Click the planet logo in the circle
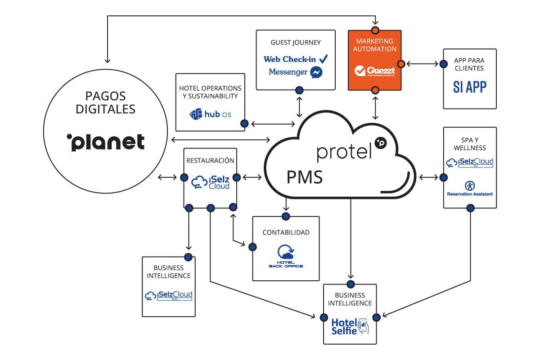click(x=106, y=142)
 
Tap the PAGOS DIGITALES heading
click(x=106, y=102)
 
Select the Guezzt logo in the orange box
click(x=374, y=71)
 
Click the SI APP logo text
click(x=469, y=87)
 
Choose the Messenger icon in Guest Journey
click(x=316, y=72)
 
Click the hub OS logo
click(x=211, y=114)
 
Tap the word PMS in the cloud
click(x=305, y=177)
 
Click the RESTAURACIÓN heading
click(x=211, y=160)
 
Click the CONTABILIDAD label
click(x=286, y=233)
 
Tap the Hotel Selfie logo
click(x=350, y=326)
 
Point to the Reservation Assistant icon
click(x=469, y=185)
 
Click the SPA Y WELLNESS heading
click(x=470, y=144)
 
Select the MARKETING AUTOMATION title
click(x=374, y=45)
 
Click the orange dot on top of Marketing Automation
click(x=374, y=30)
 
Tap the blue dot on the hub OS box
click(x=244, y=123)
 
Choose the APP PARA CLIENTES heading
click(x=469, y=64)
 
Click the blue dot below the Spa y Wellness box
click(x=470, y=208)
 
